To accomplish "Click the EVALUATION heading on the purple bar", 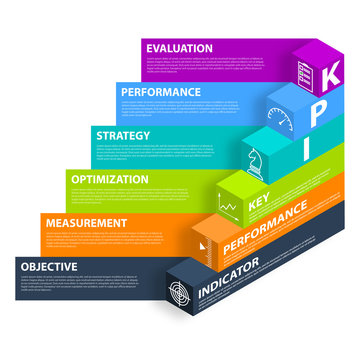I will pyautogui.click(x=179, y=48).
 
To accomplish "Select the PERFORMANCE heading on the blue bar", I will pyautogui.click(x=160, y=91).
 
